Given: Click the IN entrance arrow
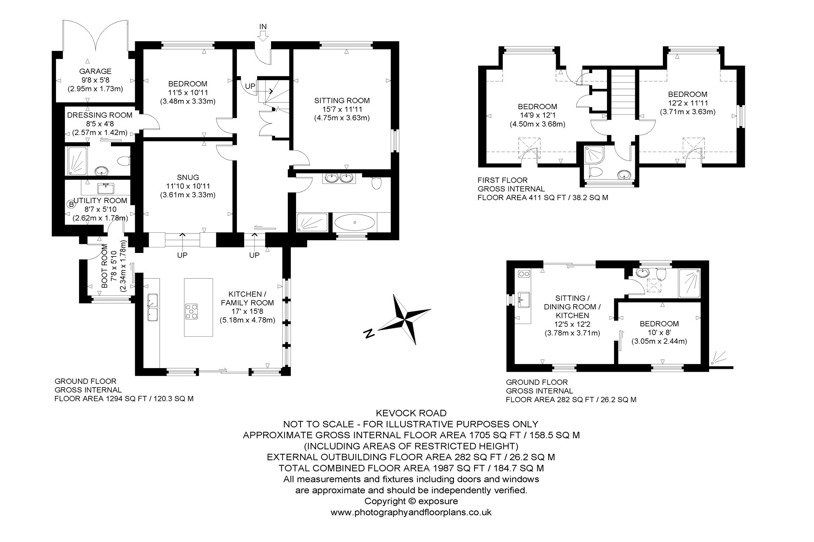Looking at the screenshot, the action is [x=263, y=36].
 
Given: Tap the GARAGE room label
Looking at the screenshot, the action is [x=95, y=71].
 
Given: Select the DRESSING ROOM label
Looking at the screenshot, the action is [x=100, y=115].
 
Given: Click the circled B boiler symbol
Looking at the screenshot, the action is [x=71, y=204].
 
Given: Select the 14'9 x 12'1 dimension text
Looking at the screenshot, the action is [x=537, y=115].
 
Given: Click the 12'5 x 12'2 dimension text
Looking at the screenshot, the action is [x=572, y=324].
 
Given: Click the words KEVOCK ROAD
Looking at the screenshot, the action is [x=411, y=413].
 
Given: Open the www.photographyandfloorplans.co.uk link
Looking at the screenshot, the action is [x=411, y=512].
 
